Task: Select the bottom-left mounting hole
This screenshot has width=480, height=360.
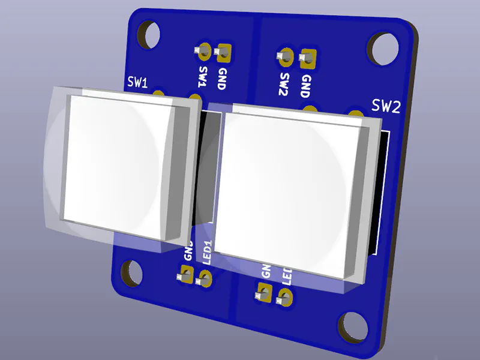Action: click(x=130, y=273)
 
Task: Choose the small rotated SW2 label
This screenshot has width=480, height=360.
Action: click(x=284, y=85)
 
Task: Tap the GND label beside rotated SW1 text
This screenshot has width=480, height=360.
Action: click(x=221, y=78)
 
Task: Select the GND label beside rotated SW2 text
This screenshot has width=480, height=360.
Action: click(x=305, y=86)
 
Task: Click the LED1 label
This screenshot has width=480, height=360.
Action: click(x=208, y=252)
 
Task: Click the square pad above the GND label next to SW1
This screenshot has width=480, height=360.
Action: click(x=224, y=54)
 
